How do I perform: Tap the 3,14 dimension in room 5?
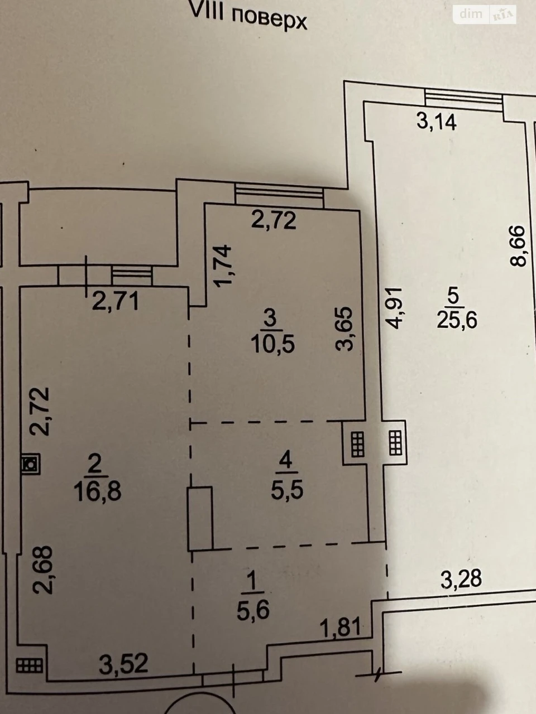[x=437, y=122]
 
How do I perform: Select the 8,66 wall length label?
[x=517, y=246]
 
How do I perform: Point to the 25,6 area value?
[x=457, y=320]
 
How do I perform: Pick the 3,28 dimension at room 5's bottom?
[x=461, y=578]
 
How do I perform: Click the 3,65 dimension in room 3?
[x=344, y=329]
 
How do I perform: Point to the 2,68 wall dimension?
[x=42, y=570]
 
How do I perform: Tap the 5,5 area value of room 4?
[x=287, y=490]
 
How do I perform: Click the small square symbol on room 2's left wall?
[x=31, y=464]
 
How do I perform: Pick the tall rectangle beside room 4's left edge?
[x=200, y=519]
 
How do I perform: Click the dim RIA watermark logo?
[x=485, y=15]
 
